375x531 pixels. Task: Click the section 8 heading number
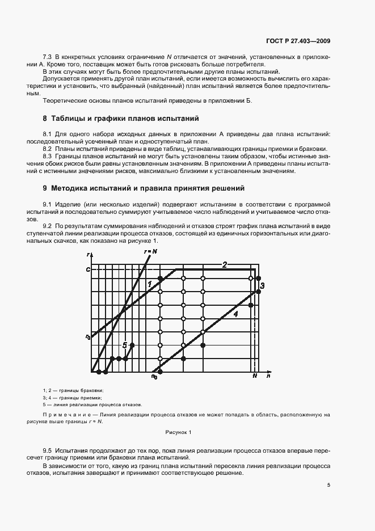(x=45, y=119)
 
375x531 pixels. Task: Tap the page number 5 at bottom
(x=329, y=485)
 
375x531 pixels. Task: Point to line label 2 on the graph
(x=225, y=264)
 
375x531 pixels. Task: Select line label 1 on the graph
(x=150, y=284)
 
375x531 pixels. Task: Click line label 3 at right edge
(x=262, y=286)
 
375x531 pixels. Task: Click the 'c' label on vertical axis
(x=88, y=269)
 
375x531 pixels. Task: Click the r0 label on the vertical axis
(x=87, y=337)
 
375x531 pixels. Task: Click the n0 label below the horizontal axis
(x=154, y=377)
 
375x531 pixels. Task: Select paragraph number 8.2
(x=48, y=148)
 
